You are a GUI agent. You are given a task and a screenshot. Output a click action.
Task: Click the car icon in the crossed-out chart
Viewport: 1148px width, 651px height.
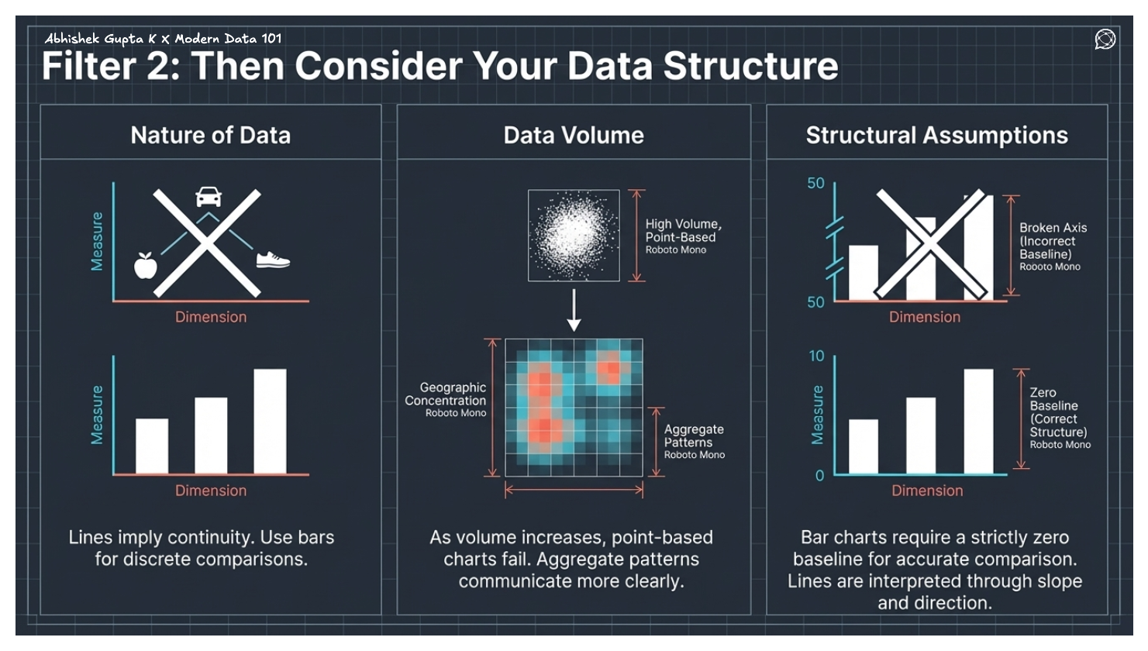[209, 197]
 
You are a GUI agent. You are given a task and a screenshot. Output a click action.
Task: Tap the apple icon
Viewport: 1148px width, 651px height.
[145, 265]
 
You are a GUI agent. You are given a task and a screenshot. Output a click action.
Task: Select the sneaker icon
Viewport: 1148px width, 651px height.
[272, 260]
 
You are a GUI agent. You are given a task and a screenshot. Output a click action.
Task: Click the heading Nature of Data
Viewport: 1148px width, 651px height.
[210, 136]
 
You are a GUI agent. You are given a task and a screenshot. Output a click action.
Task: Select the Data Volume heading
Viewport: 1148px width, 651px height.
[574, 136]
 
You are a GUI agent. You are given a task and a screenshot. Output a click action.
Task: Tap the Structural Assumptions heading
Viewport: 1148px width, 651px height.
[936, 136]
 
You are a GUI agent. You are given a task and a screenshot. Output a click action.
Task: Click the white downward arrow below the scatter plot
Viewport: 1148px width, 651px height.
[574, 310]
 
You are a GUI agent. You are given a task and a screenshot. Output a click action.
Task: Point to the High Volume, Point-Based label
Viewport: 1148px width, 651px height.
[683, 231]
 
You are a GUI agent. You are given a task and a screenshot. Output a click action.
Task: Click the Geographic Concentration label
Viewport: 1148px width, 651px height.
[446, 394]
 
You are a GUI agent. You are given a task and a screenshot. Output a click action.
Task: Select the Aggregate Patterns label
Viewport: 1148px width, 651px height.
[693, 436]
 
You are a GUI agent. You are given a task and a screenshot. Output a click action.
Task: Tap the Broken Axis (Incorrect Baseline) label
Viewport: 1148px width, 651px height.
[1052, 241]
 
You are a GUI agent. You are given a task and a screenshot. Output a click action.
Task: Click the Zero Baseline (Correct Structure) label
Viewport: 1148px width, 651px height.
[1057, 413]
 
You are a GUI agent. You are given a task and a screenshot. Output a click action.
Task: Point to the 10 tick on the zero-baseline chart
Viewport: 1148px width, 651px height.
[816, 356]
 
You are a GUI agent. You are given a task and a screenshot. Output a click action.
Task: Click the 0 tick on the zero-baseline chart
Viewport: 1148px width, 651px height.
[819, 475]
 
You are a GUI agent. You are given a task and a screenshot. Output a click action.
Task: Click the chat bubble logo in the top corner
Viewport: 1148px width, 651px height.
[1105, 39]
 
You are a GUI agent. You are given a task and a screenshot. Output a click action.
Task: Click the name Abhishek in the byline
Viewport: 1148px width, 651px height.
[72, 38]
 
